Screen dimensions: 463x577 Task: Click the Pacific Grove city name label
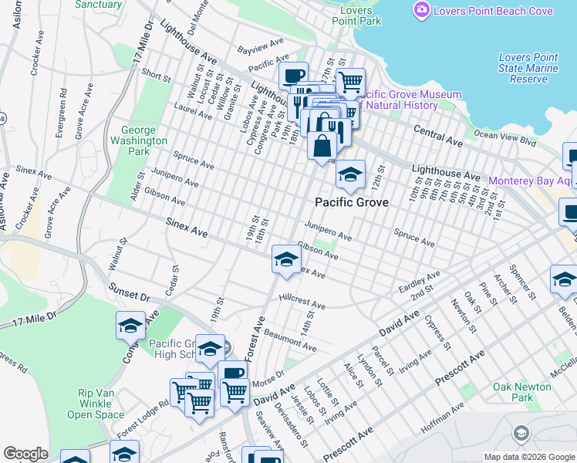tap(351, 202)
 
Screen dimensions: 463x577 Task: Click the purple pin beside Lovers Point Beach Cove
tap(422, 11)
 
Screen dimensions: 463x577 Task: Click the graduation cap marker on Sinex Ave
tap(285, 259)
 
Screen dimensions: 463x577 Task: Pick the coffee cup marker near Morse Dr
tap(232, 374)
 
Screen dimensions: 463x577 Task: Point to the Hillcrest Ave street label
tap(302, 301)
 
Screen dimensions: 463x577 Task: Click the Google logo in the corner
tap(25, 454)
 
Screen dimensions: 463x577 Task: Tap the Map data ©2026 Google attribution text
tap(528, 457)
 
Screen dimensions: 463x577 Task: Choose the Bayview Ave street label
tap(255, 49)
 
